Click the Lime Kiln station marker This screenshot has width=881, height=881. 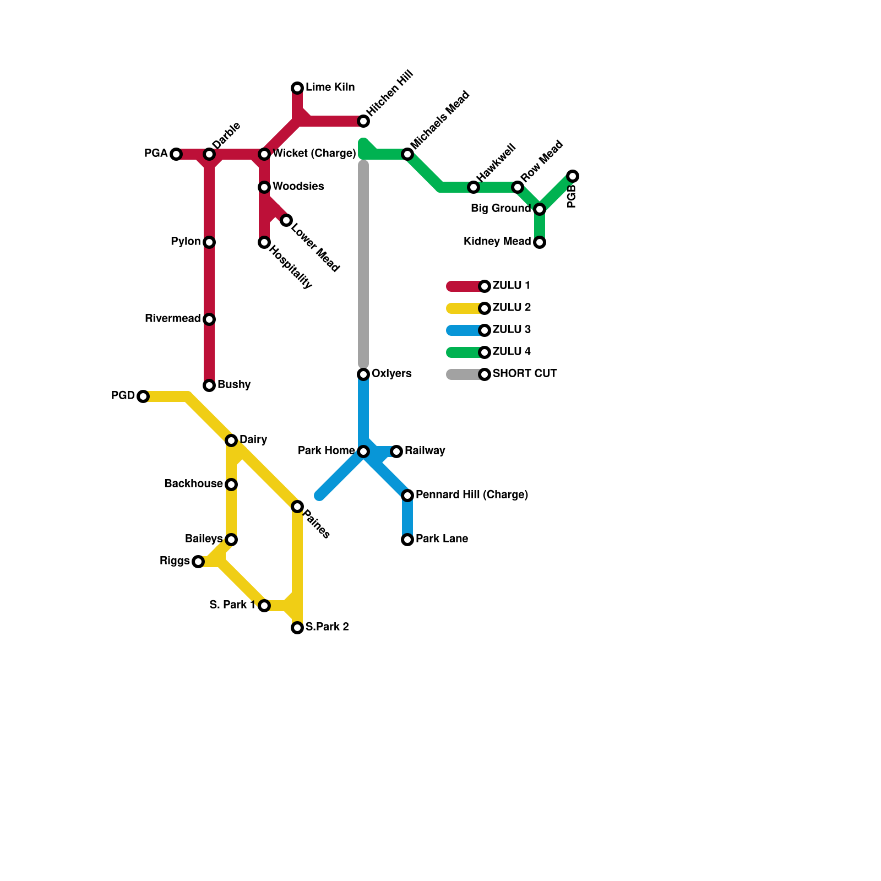297,88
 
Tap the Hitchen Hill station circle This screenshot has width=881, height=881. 363,121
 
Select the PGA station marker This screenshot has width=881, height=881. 176,154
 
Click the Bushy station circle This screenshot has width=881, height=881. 209,385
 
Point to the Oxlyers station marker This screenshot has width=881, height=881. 363,374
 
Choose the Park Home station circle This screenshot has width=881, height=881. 363,452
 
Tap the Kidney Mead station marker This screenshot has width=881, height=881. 540,242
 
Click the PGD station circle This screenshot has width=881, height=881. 143,396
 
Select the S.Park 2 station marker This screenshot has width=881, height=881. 297,628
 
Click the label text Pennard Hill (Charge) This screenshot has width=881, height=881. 471,494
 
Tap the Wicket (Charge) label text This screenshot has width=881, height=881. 314,153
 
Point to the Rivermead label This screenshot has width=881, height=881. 172,318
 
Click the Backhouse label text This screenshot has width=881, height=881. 193,483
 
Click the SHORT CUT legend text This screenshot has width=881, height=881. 524,373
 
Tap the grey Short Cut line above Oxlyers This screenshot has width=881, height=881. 363,264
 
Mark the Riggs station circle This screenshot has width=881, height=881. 198,562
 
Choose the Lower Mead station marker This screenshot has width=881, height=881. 286,221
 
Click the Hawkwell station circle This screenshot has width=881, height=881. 474,187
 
